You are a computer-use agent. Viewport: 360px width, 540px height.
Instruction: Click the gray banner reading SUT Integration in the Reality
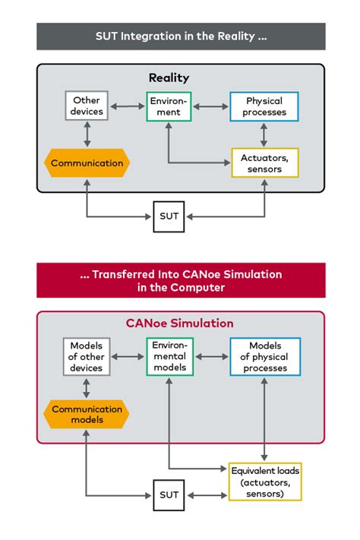(x=181, y=36)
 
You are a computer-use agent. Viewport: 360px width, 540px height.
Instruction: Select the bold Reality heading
(x=169, y=78)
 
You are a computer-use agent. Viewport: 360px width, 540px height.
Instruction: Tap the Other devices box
(x=86, y=106)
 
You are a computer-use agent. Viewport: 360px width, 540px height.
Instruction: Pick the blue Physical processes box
(x=264, y=106)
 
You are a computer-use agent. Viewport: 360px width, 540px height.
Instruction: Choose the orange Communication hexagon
(x=87, y=163)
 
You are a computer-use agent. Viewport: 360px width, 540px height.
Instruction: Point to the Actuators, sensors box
(x=264, y=163)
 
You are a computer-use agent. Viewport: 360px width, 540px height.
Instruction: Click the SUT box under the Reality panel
(x=169, y=216)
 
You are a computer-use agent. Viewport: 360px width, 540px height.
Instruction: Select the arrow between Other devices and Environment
(x=127, y=106)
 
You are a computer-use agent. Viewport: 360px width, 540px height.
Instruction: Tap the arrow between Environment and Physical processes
(x=210, y=106)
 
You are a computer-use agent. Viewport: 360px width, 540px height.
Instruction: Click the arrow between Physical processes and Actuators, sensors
(x=264, y=134)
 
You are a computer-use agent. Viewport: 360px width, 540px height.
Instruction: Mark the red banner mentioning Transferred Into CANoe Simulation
(x=181, y=280)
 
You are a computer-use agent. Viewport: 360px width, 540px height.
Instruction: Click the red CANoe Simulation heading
(x=180, y=324)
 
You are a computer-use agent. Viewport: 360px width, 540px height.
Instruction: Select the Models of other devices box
(x=86, y=356)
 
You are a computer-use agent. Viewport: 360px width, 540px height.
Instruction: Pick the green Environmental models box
(x=169, y=356)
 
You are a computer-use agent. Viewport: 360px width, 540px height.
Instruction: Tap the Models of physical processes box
(x=264, y=356)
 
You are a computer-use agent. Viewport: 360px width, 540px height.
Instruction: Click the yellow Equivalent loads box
(x=265, y=482)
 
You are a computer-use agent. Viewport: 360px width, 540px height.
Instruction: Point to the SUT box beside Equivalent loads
(x=169, y=494)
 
